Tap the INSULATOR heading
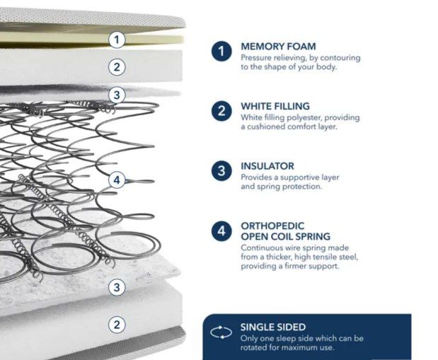(267, 166)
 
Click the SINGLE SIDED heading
(273, 327)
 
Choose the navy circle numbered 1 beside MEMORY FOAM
(221, 51)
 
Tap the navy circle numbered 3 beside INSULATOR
(221, 170)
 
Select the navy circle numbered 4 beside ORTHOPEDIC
(221, 231)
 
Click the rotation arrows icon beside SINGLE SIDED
(221, 332)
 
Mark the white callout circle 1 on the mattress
(117, 40)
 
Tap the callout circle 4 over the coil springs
(117, 180)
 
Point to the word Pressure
(256, 57)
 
